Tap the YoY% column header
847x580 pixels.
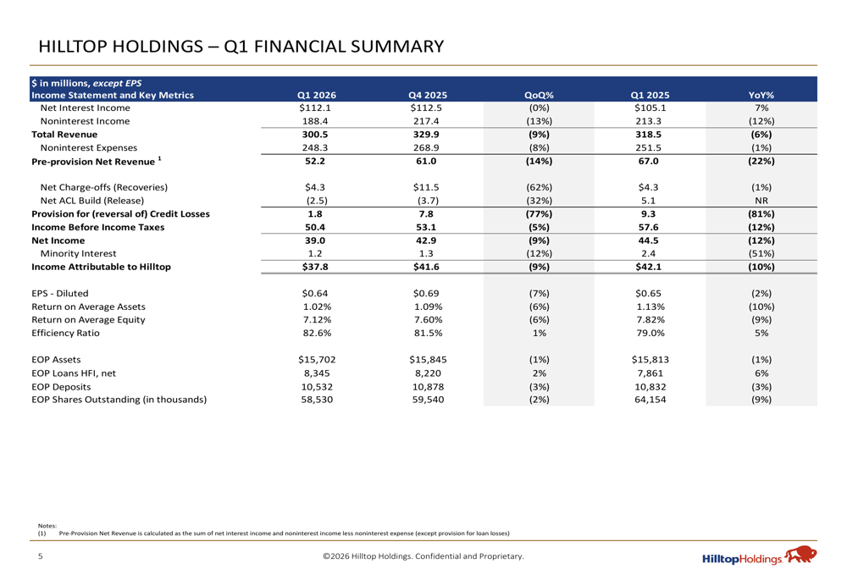tap(761, 95)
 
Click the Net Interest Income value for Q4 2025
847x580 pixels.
tap(427, 108)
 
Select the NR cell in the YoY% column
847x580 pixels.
tap(761, 201)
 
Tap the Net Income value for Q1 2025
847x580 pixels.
tap(649, 240)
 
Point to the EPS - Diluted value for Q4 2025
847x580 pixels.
tap(427, 294)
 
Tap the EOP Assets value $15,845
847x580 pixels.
tap(427, 360)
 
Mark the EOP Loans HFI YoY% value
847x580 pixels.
tap(761, 373)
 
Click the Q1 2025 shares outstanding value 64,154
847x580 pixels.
tap(649, 400)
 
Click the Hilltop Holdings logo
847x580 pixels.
tap(759, 557)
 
